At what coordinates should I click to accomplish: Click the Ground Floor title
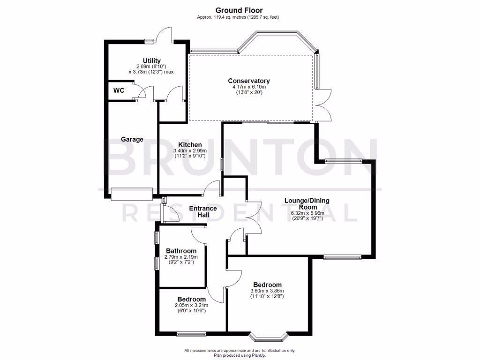tap(239, 10)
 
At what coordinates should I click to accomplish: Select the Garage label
tap(132, 139)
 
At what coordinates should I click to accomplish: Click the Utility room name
tap(152, 61)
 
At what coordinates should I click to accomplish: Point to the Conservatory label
tap(249, 81)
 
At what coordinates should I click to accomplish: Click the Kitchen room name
tap(190, 144)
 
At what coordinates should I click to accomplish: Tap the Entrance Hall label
tap(202, 211)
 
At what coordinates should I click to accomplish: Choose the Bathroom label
tap(181, 251)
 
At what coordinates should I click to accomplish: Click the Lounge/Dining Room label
tap(307, 203)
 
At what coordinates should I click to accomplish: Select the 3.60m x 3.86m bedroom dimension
tap(267, 291)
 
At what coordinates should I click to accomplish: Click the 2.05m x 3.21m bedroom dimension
tap(191, 305)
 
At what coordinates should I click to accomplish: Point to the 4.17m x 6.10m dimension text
tap(249, 87)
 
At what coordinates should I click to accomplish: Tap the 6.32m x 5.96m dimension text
tap(307, 213)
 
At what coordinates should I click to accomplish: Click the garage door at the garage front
tap(132, 193)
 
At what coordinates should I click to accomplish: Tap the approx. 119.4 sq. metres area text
tap(239, 17)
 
